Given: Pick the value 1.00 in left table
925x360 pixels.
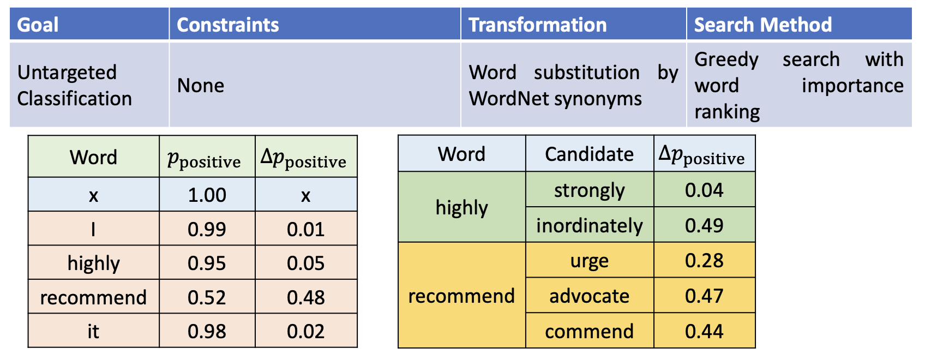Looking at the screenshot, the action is pos(207,195).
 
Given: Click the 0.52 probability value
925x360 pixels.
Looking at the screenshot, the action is pos(207,297).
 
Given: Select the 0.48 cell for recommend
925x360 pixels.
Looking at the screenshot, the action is pos(305,297).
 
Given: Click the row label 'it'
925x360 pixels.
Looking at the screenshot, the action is pos(93,331).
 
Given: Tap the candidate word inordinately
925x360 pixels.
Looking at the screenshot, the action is pos(589,225).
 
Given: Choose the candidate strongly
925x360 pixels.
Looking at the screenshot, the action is pos(589,191).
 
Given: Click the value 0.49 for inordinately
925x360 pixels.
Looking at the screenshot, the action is pos(704,225).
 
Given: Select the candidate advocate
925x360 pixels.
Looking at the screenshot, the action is pos(589,296).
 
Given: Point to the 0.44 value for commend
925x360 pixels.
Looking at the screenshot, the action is pos(704,331).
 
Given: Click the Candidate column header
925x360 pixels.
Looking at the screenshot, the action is pos(589,154).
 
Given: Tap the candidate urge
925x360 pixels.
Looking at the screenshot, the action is pos(589,261).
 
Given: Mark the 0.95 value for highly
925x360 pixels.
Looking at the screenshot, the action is pos(207,263).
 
